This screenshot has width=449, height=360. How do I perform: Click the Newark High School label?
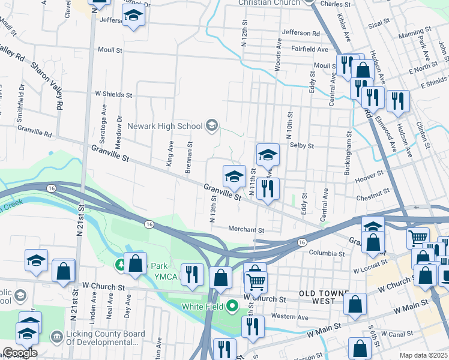pos(164,126)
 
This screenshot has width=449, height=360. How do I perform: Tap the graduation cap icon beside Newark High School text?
pos(211,125)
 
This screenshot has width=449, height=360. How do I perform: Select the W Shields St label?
pos(113,95)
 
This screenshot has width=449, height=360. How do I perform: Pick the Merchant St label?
pos(246,230)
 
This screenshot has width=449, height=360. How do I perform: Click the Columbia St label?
pos(328,254)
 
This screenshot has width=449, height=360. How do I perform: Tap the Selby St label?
pos(302,146)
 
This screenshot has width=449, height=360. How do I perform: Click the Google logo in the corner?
pos(20,353)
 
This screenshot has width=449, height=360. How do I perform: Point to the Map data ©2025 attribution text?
pos(424,355)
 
